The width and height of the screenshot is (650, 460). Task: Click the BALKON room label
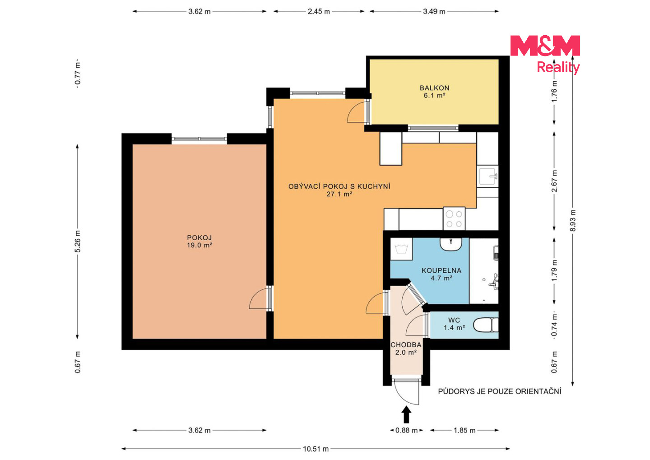click(434, 88)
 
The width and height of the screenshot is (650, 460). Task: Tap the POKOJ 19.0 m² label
click(200, 241)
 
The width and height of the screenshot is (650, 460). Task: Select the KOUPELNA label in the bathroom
click(441, 270)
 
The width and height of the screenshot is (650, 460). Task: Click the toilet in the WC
click(486, 325)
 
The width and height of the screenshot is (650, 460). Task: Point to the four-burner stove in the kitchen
click(454, 218)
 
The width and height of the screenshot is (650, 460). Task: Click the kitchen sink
click(487, 176)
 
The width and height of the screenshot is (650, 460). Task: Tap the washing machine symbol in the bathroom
click(401, 249)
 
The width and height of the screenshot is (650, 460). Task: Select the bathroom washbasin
click(450, 244)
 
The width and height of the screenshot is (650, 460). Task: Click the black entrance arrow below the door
click(406, 414)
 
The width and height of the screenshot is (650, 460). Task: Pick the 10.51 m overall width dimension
click(316, 449)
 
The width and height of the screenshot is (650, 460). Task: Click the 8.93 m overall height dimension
click(572, 221)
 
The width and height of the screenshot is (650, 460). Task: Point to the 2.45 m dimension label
click(319, 12)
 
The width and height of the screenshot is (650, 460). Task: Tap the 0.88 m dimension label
click(406, 430)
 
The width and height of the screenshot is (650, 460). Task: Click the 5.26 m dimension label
click(78, 241)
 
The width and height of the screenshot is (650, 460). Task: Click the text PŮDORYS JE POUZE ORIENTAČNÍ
click(499, 391)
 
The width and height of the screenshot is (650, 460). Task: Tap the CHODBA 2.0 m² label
click(406, 348)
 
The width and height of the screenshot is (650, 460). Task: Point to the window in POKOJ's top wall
click(199, 139)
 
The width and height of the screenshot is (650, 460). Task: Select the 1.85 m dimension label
click(464, 430)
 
